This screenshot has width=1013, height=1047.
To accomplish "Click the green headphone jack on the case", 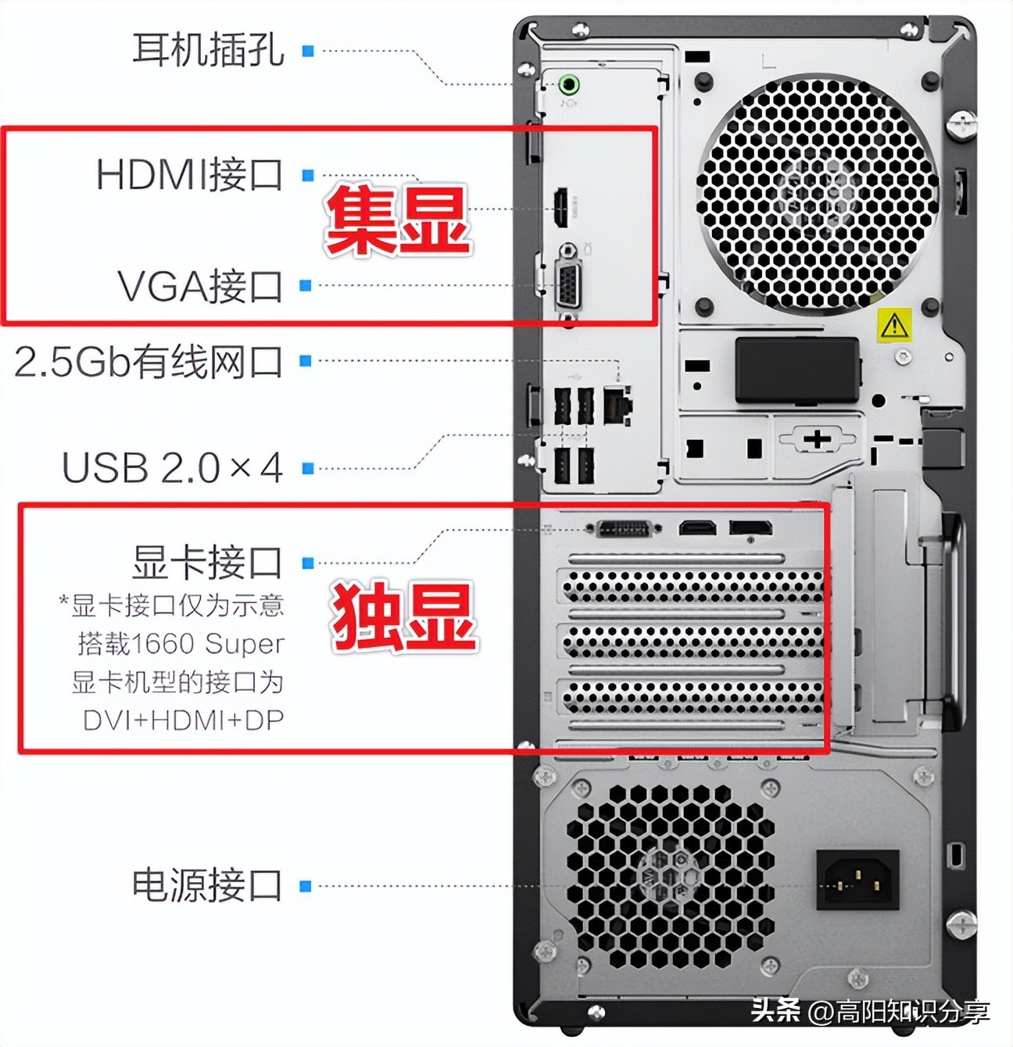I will pos(570,84).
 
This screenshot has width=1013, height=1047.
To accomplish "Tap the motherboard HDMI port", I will pos(561,208).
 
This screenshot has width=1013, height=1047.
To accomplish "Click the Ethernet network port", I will pos(617,403).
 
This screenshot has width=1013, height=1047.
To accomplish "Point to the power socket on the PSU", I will pos(857,880).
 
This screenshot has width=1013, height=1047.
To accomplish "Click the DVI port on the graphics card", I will pos(625,529).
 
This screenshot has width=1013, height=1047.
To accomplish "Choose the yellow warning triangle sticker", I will pos(893,325).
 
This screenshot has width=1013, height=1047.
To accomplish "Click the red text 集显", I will pos(397,222).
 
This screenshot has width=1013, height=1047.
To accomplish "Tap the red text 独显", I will pos(403,617).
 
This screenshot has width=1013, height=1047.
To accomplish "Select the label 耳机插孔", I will pos(208,50).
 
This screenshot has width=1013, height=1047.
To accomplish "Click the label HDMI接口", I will pos(189,174).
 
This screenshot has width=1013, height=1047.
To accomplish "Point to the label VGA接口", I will pos(200,286).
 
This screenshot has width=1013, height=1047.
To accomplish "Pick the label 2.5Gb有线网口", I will pos(149,362).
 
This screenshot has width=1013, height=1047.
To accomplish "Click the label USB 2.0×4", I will pos(172,468).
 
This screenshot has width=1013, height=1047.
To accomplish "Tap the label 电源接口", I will pos(207,885).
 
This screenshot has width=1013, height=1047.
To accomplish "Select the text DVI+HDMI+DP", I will pos(183,720).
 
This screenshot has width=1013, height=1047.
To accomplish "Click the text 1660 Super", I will pos(208,644).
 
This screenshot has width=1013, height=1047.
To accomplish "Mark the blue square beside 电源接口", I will pos(306,886).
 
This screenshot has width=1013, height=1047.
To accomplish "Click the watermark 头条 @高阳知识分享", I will pos(870,1012).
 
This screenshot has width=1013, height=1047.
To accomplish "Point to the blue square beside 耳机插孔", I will pos(308,51).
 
